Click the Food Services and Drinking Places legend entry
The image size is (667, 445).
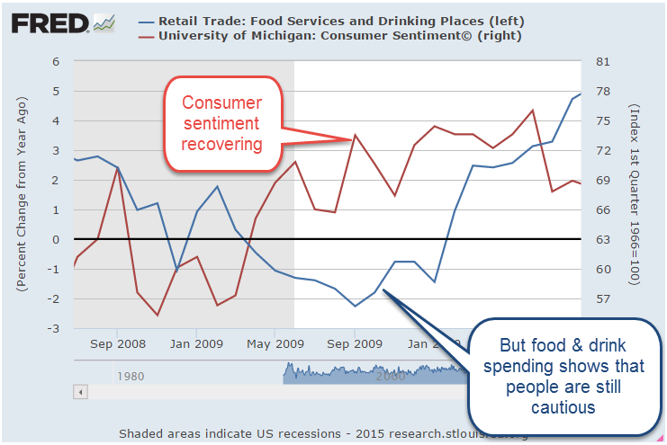click(x=341, y=20)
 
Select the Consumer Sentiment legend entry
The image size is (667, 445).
click(x=339, y=36)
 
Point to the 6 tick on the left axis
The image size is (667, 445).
click(x=55, y=62)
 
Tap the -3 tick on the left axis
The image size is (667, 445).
click(x=53, y=328)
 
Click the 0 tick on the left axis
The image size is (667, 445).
click(x=55, y=239)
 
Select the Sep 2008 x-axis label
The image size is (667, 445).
click(x=117, y=343)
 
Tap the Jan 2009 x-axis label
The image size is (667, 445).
click(x=196, y=343)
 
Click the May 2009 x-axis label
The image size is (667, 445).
click(x=275, y=343)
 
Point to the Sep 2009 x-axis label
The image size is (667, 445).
click(x=356, y=343)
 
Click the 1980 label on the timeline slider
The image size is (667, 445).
click(x=131, y=377)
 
